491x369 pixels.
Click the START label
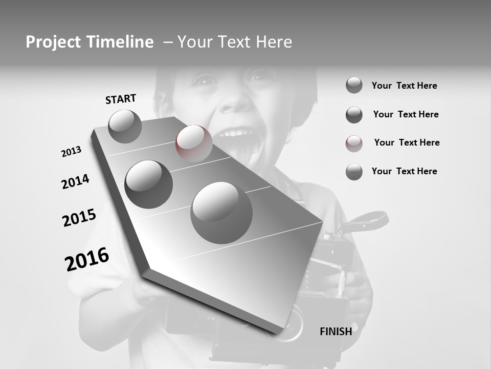tap(121, 99)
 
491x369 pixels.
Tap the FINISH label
tap(336, 332)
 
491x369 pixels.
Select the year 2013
tap(71, 152)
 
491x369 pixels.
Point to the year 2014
tap(75, 182)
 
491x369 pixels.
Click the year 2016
tap(87, 259)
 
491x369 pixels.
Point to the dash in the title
tap(167, 42)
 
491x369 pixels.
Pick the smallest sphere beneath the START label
tap(125, 126)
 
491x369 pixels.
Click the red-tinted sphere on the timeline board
tap(194, 143)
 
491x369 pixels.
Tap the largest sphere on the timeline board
tap(221, 213)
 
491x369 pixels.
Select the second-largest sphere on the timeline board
tap(149, 184)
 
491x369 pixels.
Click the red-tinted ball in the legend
tap(354, 143)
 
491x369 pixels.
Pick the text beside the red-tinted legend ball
tap(407, 142)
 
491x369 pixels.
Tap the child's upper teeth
tap(236, 134)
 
